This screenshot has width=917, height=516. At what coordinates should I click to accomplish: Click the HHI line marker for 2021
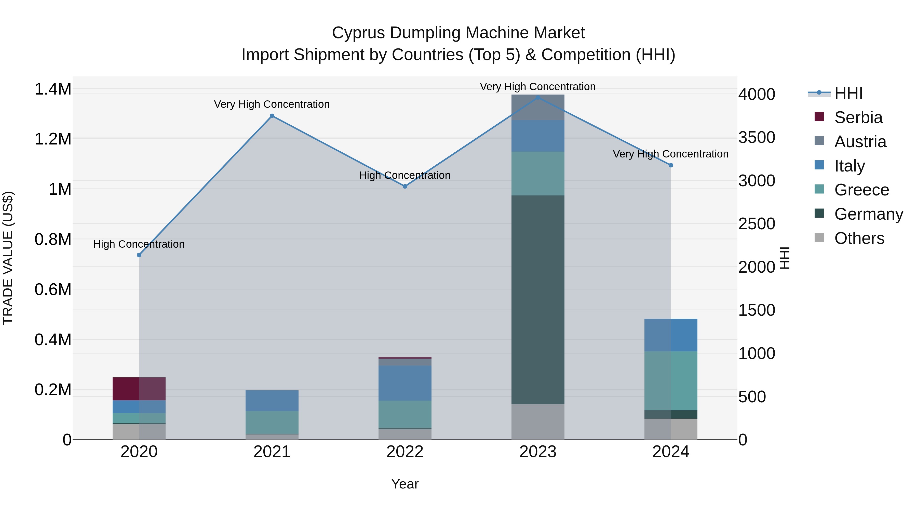click(272, 116)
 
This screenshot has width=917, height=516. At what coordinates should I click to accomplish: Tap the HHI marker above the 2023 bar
click(538, 97)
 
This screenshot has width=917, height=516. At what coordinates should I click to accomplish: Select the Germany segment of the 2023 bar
click(538, 299)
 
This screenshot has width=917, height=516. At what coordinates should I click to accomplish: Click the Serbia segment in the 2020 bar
click(139, 389)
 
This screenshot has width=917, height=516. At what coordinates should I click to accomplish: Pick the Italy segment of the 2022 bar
click(405, 383)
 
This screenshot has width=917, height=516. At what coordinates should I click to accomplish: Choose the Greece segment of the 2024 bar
click(671, 381)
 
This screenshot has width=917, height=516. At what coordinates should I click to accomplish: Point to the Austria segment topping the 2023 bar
click(538, 108)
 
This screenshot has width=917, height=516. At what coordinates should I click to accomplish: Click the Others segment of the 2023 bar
click(538, 422)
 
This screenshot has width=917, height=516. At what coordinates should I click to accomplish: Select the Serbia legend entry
click(858, 117)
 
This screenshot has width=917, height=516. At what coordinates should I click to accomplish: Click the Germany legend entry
click(868, 214)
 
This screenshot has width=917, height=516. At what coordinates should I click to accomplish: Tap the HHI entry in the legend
click(848, 93)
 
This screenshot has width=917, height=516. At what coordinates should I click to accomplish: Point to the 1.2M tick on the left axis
click(53, 139)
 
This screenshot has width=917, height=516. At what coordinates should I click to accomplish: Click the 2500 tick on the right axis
click(757, 224)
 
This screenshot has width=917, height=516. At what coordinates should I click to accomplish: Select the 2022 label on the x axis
click(405, 452)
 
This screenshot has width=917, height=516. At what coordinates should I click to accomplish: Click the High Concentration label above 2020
click(139, 244)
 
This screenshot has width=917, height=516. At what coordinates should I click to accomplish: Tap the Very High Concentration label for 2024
click(670, 154)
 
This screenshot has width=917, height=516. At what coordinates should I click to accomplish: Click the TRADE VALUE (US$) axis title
click(8, 258)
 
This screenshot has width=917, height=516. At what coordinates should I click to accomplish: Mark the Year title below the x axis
click(405, 484)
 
